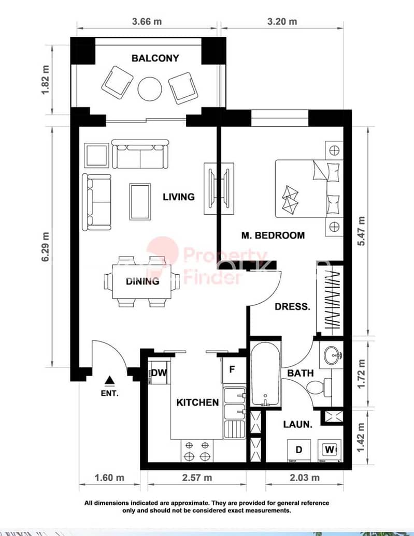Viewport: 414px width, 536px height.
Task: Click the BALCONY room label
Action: pos(155,58)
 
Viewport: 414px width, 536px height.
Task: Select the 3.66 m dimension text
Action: pos(147,21)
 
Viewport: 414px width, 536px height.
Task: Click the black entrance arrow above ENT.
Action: pos(109,380)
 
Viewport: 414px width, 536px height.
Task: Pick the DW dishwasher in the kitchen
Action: pos(159,373)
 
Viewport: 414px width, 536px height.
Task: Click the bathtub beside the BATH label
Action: pos(265,374)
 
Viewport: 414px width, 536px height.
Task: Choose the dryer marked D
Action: pos(298,450)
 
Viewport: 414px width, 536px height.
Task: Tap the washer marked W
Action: pos(330,450)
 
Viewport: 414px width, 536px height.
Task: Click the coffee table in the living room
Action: pos(140,202)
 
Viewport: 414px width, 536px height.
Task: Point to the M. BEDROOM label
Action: pos(273,235)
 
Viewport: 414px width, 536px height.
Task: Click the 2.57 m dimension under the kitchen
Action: pos(197,478)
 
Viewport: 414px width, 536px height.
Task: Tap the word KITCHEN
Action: pos(197,403)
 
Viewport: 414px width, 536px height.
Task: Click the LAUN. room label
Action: pos(298,425)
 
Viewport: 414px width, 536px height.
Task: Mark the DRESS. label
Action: pos(292,307)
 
